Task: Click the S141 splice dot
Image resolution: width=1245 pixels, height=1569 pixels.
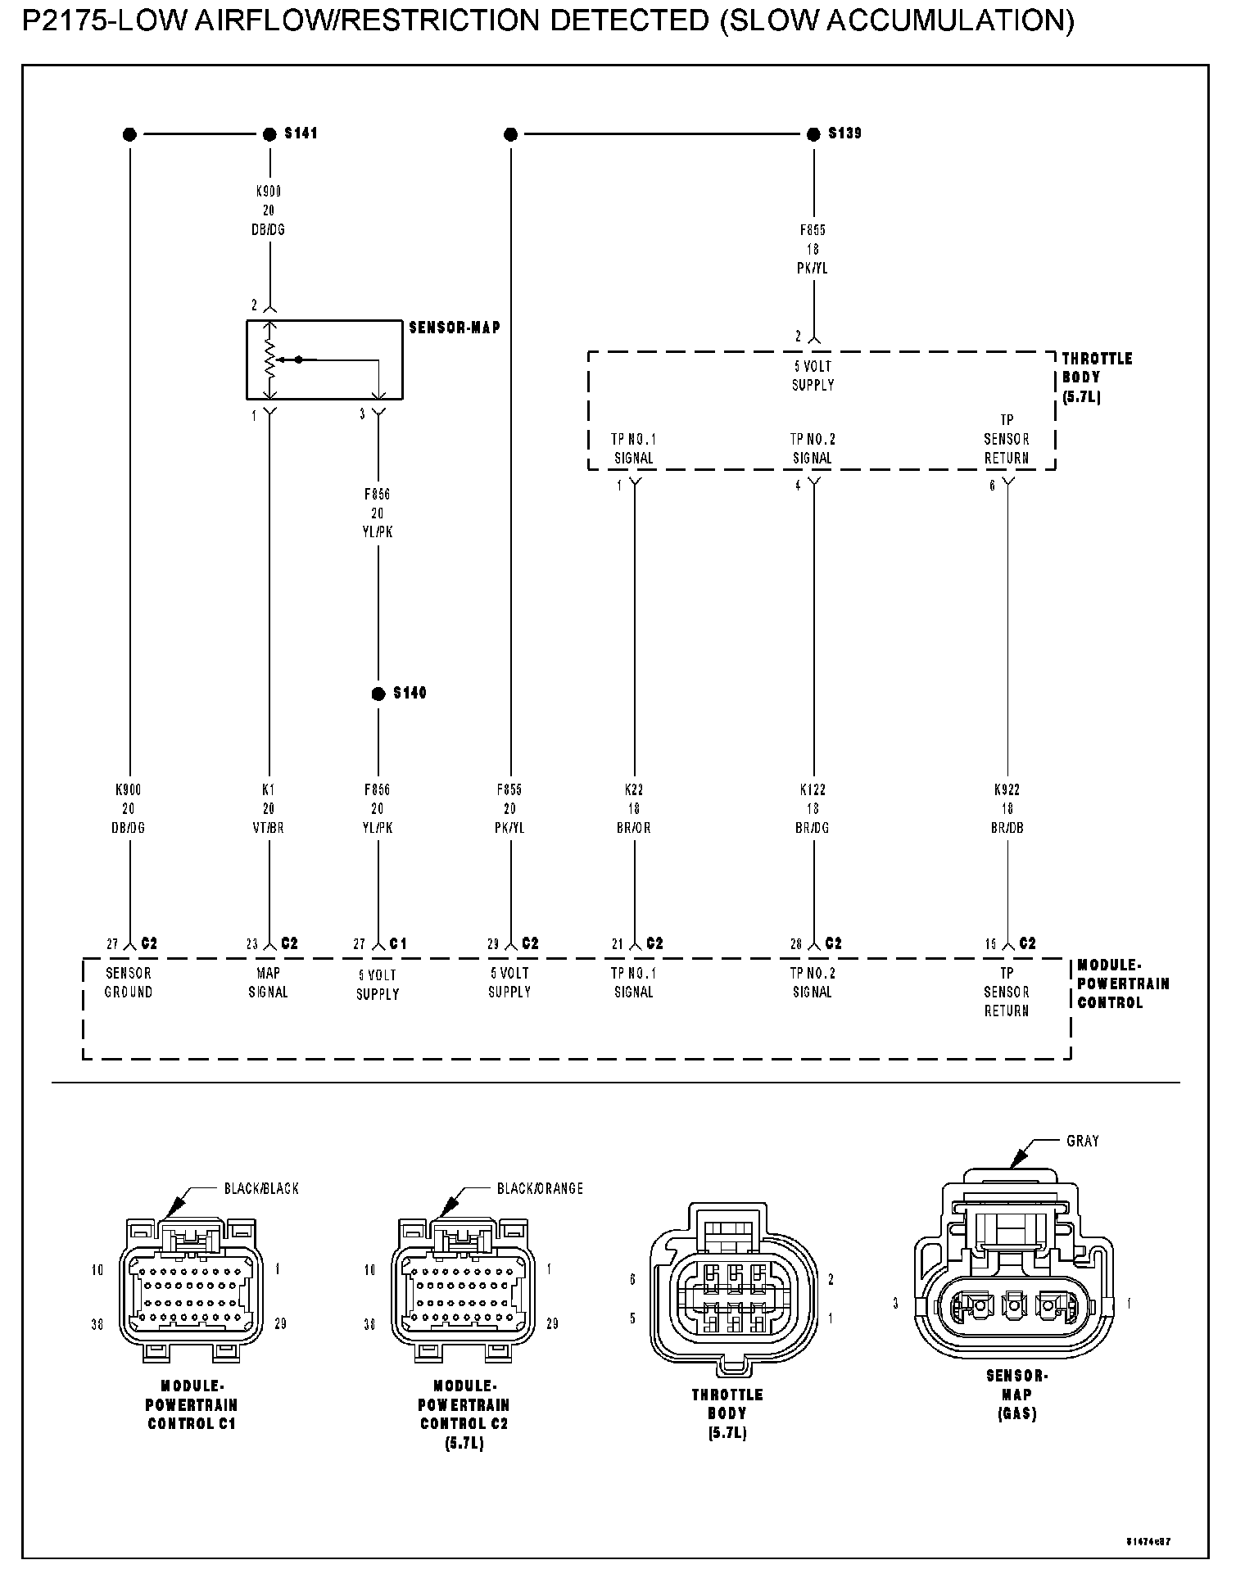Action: tap(269, 134)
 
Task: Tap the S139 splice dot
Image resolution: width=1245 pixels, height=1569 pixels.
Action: tap(813, 134)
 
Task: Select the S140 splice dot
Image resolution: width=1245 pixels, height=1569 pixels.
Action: tap(378, 694)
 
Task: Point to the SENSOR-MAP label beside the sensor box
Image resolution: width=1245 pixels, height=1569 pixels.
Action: tap(455, 328)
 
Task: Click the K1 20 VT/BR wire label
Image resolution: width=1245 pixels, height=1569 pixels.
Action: tap(269, 808)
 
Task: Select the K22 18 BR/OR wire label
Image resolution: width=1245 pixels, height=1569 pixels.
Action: tap(634, 808)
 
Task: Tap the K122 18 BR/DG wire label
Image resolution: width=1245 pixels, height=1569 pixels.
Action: tap(813, 808)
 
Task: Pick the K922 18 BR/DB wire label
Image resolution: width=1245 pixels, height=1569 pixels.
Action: tap(1007, 808)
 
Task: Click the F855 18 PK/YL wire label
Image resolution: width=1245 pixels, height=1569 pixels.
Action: tap(813, 249)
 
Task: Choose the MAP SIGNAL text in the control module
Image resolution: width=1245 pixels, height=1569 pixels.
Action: tap(269, 983)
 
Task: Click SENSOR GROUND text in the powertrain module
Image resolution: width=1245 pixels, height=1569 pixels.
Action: tap(129, 983)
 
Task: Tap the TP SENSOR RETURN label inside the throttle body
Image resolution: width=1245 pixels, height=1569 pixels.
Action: tap(1007, 439)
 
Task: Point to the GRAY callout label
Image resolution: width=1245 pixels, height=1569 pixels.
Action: tap(1083, 1141)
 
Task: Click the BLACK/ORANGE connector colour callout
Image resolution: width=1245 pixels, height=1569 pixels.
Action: tap(540, 1188)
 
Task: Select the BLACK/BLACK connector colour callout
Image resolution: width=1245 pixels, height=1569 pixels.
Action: tap(262, 1188)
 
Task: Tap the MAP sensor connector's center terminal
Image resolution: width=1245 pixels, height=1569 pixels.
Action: tap(1015, 1304)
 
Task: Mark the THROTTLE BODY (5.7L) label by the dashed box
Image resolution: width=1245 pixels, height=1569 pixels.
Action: tap(1097, 378)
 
